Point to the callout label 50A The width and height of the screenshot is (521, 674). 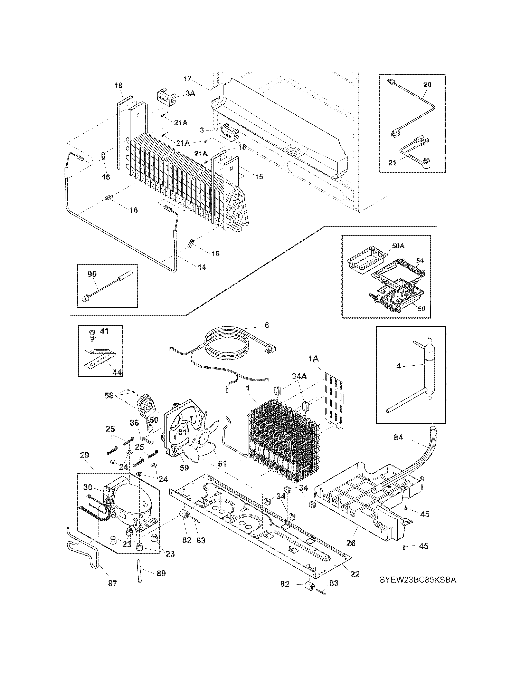398,246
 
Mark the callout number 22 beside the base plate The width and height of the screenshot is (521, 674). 355,574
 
